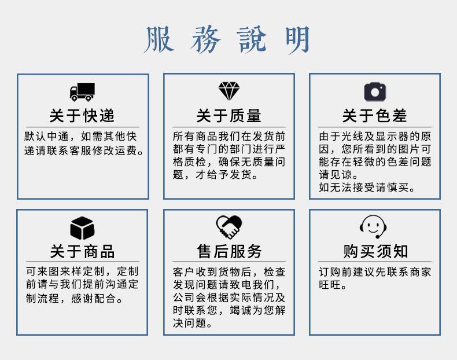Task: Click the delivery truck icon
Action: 82,91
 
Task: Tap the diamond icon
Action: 228,91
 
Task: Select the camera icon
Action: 374,91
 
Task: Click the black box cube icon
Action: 82,227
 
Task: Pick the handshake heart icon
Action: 228,227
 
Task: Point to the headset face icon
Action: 374,226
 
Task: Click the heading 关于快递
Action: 82,116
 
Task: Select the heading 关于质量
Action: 228,116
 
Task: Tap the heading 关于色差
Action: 374,116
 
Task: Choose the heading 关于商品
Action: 82,251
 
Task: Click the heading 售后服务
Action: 228,251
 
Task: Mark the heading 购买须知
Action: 374,251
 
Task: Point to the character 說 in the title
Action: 252,40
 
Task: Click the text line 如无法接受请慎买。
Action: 367,188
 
